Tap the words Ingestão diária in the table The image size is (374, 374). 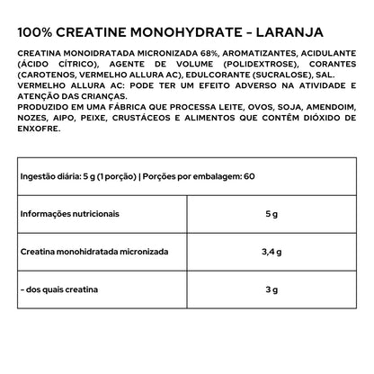(45, 178)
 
